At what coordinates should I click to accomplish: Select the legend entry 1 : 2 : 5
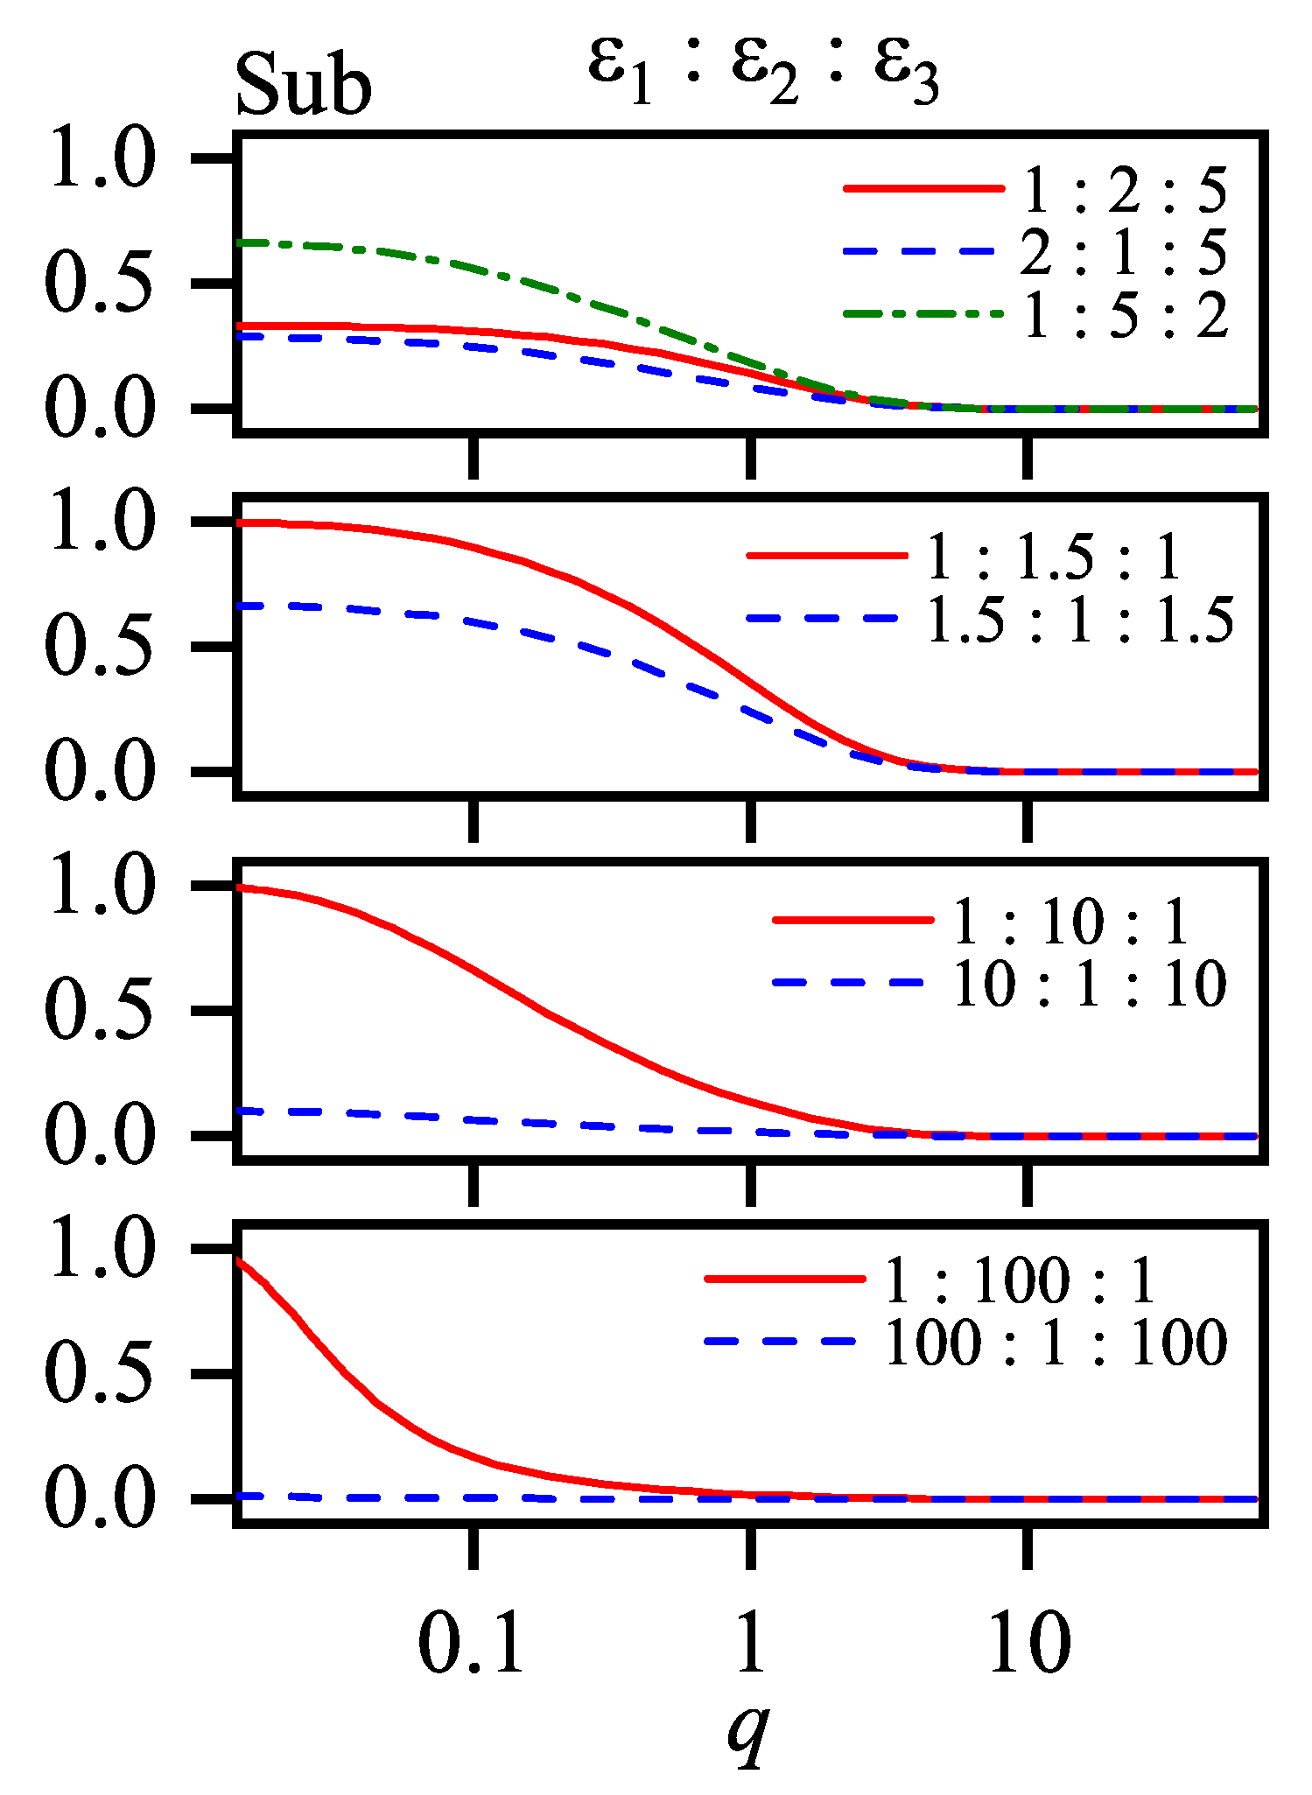click(1125, 191)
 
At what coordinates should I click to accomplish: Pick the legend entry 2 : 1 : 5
click(1125, 253)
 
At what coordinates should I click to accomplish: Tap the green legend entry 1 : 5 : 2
click(1125, 315)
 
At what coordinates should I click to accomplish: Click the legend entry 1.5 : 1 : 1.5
click(1079, 620)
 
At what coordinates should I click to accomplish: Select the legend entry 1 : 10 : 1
click(1070, 922)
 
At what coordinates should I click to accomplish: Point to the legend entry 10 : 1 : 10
click(1089, 985)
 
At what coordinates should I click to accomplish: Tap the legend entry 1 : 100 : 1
click(1021, 1281)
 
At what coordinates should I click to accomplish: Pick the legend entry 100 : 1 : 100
click(1056, 1343)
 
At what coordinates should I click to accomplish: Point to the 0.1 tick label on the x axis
click(472, 1644)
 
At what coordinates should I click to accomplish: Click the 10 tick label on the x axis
click(1028, 1644)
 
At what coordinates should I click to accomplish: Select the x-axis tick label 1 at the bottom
click(750, 1644)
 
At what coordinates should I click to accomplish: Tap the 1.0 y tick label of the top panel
click(102, 159)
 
